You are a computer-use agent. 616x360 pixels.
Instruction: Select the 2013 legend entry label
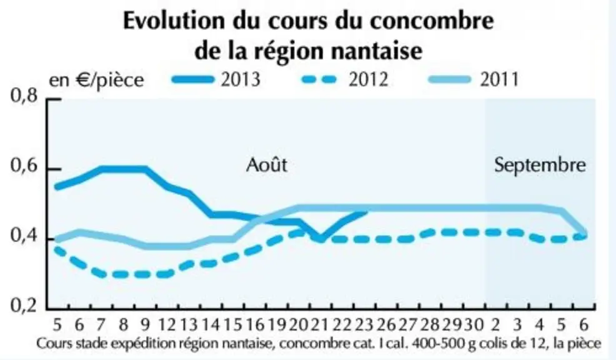point(241,79)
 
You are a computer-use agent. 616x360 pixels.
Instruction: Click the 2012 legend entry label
point(369,79)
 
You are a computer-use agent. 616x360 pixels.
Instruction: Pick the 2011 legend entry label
point(499,79)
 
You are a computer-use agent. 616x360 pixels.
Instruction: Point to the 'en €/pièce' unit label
point(96,80)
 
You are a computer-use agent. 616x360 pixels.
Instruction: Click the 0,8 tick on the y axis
point(24,96)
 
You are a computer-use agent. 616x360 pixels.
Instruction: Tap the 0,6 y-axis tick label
point(24,166)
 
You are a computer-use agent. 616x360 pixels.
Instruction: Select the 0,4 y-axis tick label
point(24,236)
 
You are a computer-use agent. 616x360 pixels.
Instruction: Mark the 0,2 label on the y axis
point(24,306)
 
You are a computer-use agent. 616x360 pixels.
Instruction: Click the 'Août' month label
point(267,164)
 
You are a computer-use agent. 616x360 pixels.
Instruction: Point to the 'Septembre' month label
point(540,165)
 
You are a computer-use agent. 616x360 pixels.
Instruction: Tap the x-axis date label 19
point(278,325)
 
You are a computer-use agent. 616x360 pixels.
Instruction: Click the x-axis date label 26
point(386,325)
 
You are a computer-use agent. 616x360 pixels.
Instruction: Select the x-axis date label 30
point(474,325)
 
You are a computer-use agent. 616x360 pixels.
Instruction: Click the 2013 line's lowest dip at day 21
point(320,239)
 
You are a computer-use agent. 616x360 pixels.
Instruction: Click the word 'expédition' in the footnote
point(143,344)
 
